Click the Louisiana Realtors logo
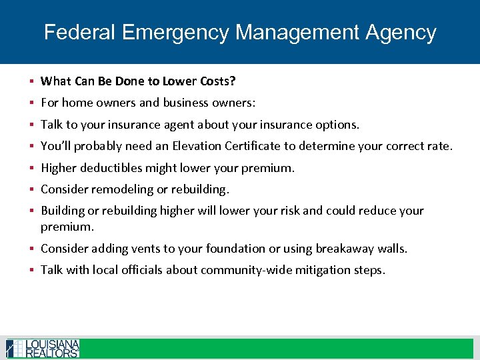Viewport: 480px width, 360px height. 43,349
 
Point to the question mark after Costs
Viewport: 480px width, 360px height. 233,81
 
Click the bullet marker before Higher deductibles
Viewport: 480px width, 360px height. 32,168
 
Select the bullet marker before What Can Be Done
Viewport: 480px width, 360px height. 32,81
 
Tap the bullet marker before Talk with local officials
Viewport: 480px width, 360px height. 32,270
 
